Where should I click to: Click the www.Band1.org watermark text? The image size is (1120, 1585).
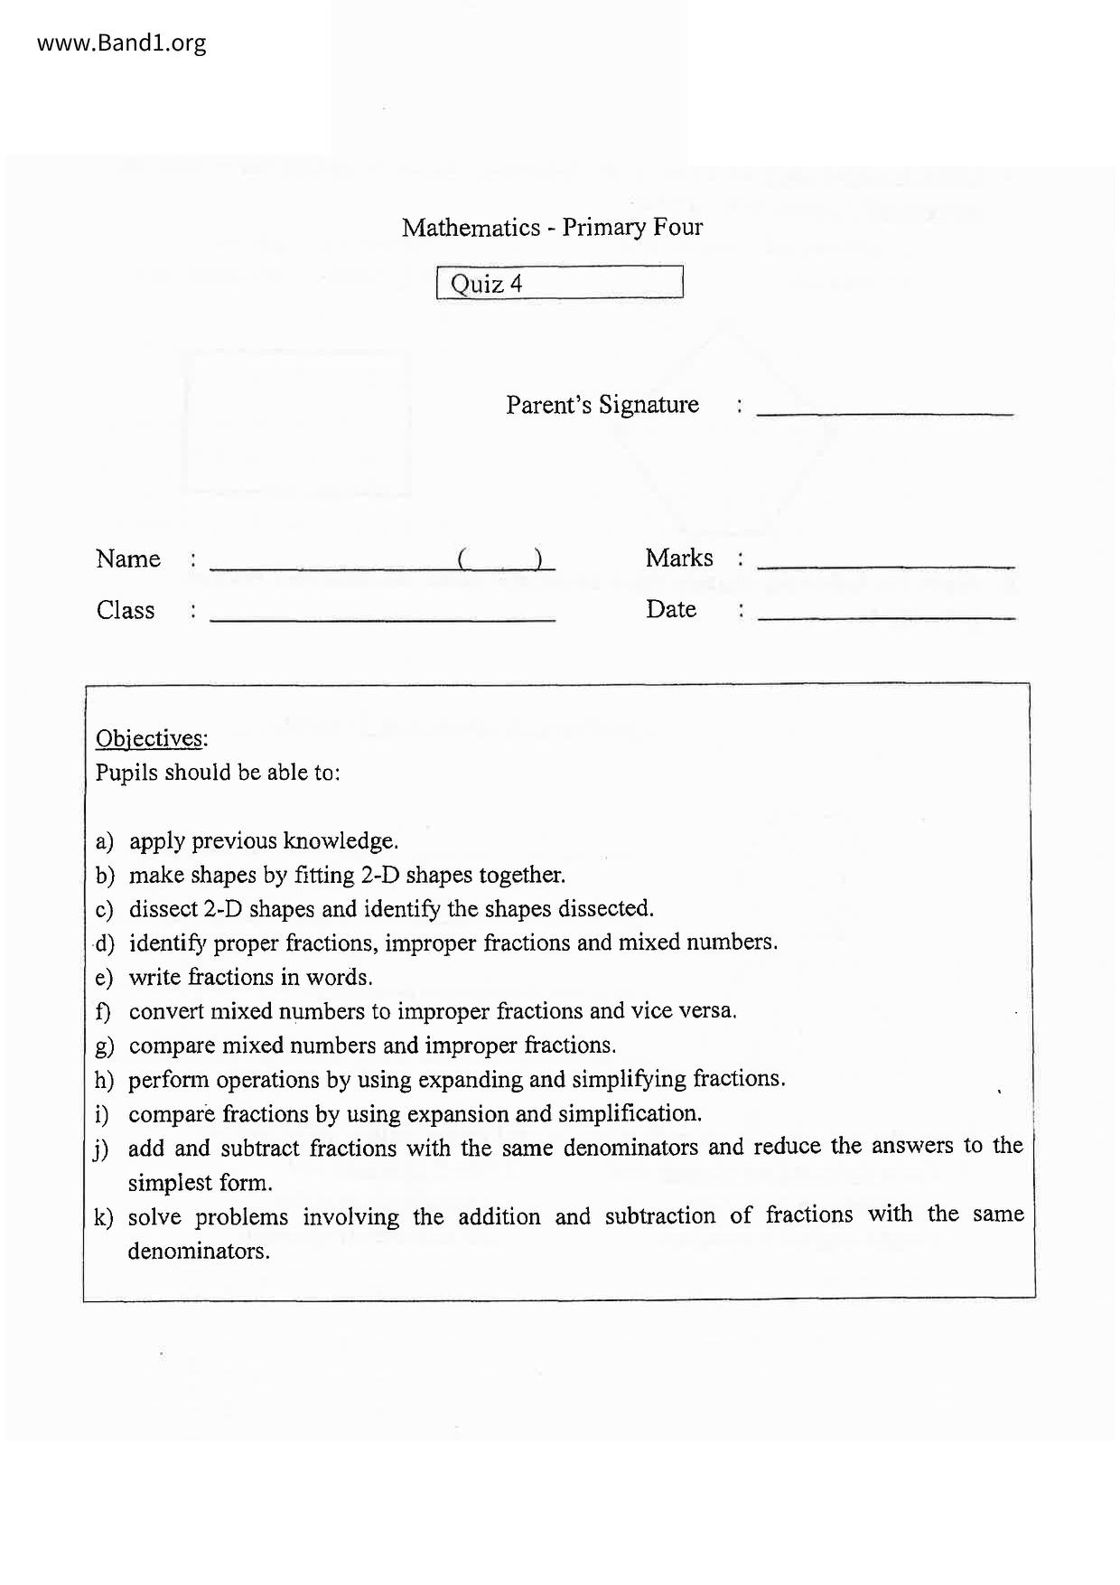tap(121, 42)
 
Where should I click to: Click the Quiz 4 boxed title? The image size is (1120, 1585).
tap(559, 283)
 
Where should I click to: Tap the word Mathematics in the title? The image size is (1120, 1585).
tap(471, 227)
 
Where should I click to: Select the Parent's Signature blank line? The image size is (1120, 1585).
tap(884, 412)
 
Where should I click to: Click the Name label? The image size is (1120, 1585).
tap(127, 558)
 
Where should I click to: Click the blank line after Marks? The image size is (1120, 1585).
tap(885, 566)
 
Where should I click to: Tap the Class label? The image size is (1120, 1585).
tap(125, 610)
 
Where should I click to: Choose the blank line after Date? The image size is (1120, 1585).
tap(885, 617)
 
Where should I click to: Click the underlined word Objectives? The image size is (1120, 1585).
tap(150, 738)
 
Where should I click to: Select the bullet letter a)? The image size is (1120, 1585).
tap(104, 841)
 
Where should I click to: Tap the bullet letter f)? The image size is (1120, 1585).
tap(103, 1011)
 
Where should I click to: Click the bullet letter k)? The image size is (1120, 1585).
tap(104, 1217)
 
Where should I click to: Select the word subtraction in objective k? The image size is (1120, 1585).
tap(660, 1215)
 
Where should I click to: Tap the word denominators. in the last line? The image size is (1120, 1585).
tap(199, 1252)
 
